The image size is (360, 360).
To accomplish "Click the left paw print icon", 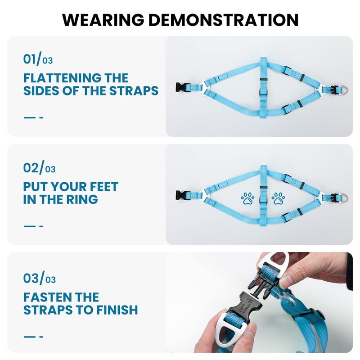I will tap(247, 198).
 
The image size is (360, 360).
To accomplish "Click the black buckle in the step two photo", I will tap(181, 196).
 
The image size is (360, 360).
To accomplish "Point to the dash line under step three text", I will tap(33, 336).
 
